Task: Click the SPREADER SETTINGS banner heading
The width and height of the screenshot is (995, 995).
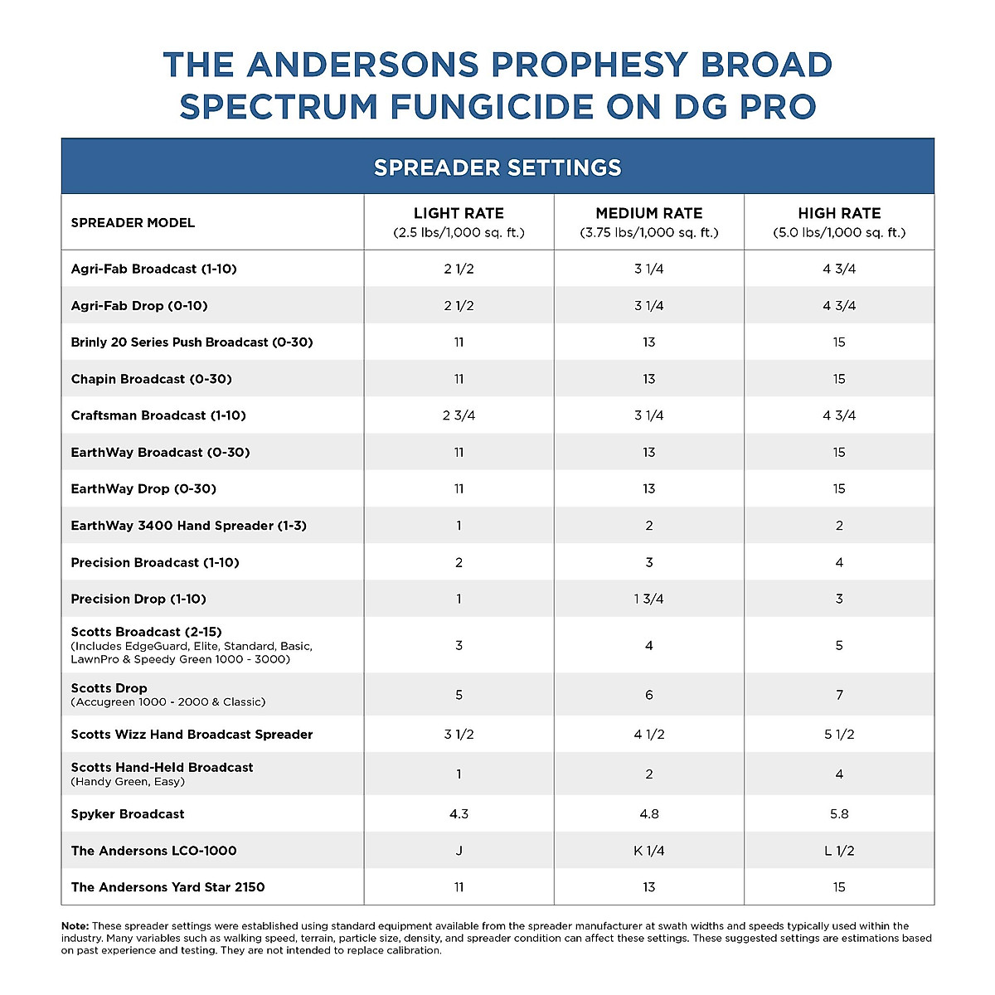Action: (498, 167)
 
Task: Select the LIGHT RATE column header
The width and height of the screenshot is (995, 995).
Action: (459, 214)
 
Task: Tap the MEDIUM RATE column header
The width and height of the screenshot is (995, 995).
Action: (648, 214)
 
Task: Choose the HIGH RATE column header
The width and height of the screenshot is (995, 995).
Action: (839, 214)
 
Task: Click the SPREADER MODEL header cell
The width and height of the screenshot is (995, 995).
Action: (133, 223)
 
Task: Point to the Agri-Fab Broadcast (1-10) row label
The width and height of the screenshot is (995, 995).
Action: (154, 269)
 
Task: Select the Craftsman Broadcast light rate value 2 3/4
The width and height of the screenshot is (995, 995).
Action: (459, 415)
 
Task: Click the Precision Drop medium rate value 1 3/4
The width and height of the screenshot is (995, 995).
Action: (648, 599)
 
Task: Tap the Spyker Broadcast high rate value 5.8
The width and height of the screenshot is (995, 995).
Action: (839, 814)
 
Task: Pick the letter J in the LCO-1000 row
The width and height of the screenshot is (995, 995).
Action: (459, 851)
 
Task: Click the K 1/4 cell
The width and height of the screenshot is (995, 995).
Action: (648, 851)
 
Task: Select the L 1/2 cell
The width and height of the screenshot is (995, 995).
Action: (839, 851)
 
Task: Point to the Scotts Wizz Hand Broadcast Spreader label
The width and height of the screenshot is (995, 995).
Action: (192, 735)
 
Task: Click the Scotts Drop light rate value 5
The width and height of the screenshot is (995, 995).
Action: (459, 695)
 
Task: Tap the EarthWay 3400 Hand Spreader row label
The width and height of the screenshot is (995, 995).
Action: (188, 526)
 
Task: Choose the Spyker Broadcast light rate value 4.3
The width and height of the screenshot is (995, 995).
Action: (459, 814)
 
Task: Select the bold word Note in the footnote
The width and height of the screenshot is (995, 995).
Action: (75, 926)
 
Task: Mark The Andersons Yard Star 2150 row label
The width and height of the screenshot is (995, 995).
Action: (167, 887)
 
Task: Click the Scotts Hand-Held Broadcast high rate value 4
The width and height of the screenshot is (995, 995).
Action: (839, 774)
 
